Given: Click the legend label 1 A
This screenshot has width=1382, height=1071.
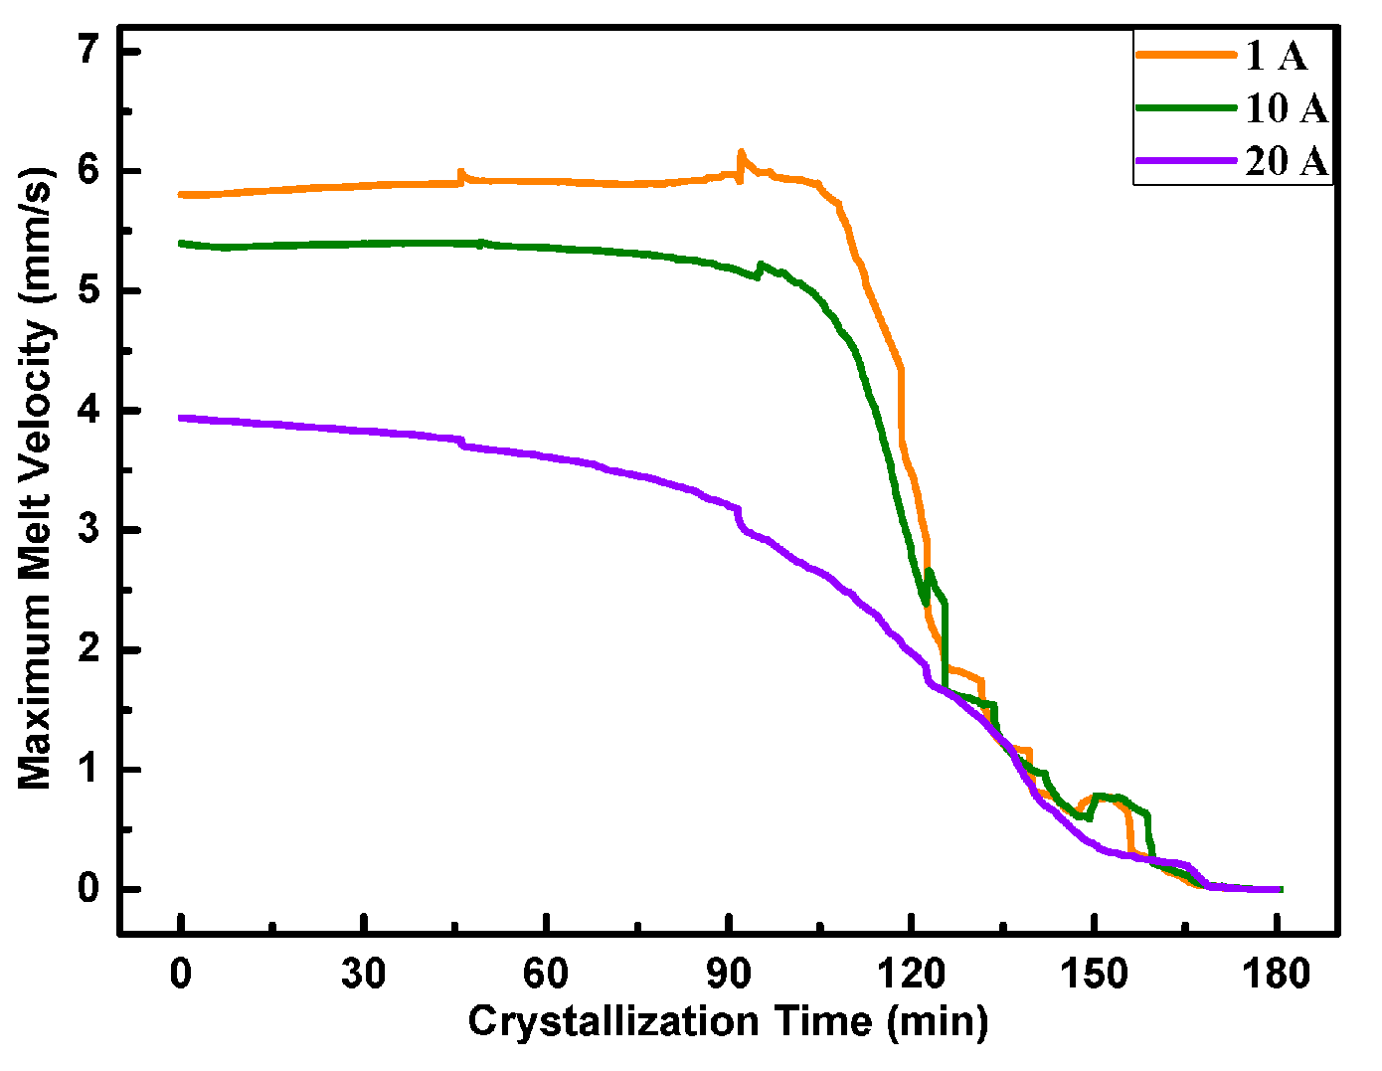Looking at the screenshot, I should point(1276,56).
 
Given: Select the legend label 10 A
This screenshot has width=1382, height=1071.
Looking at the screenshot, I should point(1287,108).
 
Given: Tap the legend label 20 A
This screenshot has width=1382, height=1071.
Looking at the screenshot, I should point(1287,160).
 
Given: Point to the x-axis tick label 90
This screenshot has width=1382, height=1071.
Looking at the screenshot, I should point(729,975).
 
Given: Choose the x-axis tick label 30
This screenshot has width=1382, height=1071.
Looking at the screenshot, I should point(363,975).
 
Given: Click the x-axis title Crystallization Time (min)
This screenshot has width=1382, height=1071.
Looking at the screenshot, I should point(728,1022).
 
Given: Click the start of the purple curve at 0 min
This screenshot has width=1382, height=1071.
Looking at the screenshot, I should point(181,419).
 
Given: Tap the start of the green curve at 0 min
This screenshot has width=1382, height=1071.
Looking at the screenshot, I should point(181,243).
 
